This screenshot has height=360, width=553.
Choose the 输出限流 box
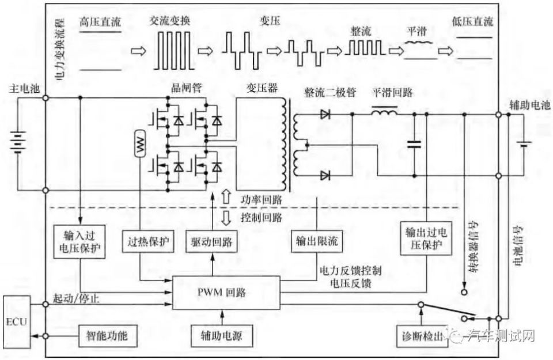tap(316, 242)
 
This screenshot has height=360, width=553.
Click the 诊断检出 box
tap(423, 336)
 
